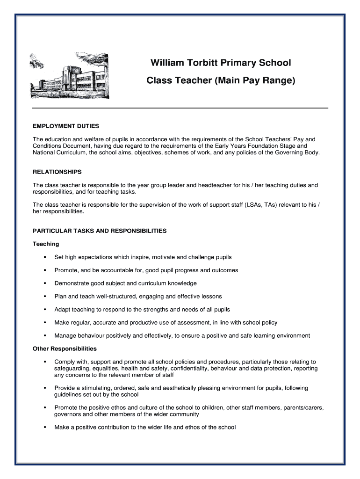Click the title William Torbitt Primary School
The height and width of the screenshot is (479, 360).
(x=220, y=63)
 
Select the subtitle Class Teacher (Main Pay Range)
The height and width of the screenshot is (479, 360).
(x=221, y=80)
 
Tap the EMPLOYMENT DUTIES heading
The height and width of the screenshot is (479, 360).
(x=65, y=126)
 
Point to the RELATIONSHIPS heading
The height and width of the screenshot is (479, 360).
(x=57, y=172)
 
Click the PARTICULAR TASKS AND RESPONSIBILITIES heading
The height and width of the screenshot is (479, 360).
(x=99, y=231)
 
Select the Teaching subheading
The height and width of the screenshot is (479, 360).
(x=46, y=244)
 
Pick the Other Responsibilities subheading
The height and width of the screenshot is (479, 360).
(x=65, y=349)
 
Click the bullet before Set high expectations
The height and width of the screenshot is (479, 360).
(x=45, y=257)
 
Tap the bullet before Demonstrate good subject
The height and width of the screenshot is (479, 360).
(x=45, y=283)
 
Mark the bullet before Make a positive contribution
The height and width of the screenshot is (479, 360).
(x=45, y=428)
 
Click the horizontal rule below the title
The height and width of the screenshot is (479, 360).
(x=180, y=108)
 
